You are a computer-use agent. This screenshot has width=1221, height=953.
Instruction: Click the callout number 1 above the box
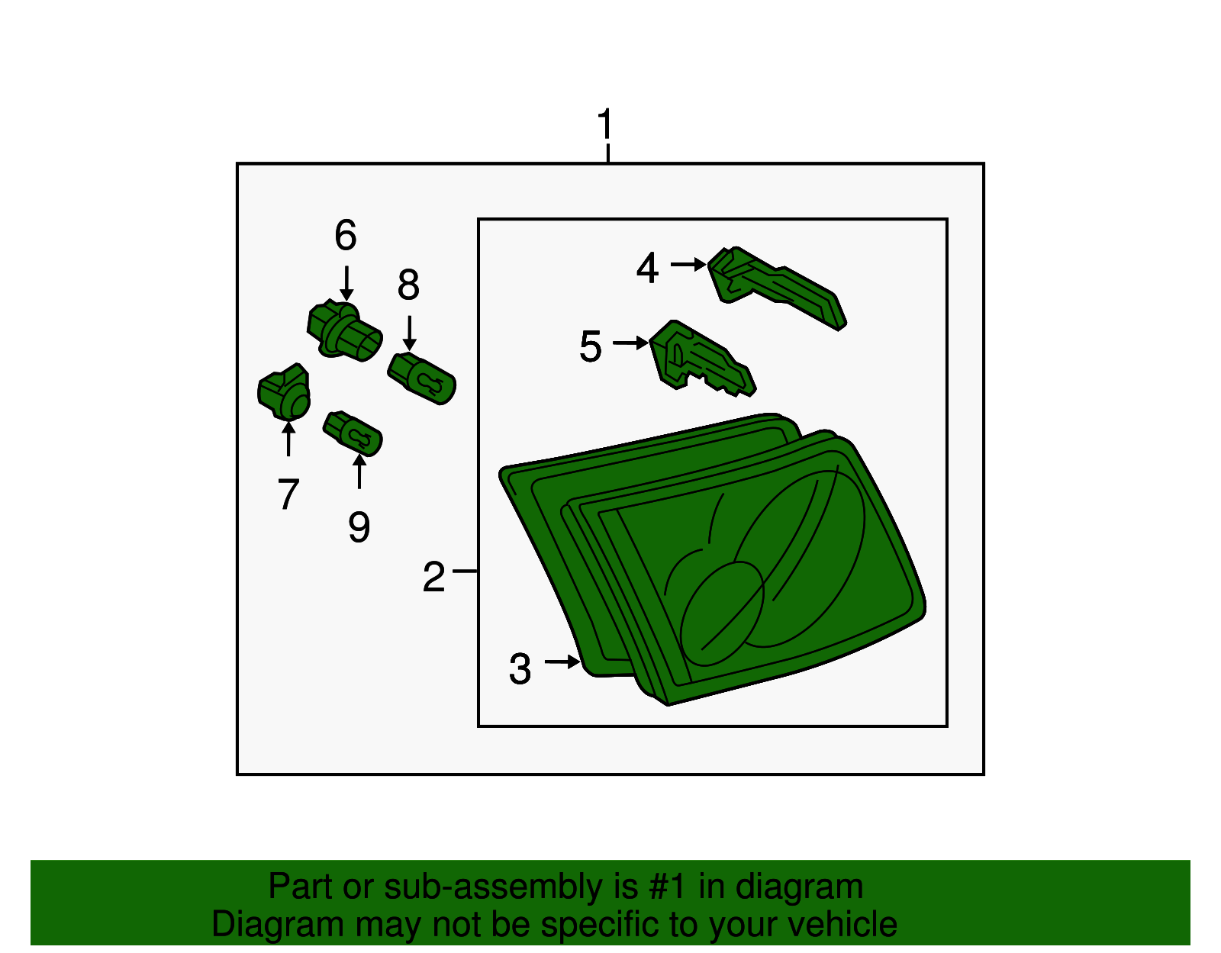pyautogui.click(x=605, y=124)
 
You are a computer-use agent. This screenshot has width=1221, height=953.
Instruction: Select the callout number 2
pyautogui.click(x=433, y=576)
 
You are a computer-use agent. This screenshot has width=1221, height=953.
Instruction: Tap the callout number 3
pyautogui.click(x=520, y=669)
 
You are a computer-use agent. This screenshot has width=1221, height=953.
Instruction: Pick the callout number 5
pyautogui.click(x=591, y=346)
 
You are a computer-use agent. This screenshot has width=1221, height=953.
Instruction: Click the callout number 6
pyautogui.click(x=346, y=234)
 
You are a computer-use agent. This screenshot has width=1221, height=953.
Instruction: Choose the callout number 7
pyautogui.click(x=288, y=494)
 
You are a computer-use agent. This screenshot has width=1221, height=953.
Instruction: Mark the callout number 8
pyautogui.click(x=408, y=284)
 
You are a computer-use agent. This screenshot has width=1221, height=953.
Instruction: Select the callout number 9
pyautogui.click(x=359, y=526)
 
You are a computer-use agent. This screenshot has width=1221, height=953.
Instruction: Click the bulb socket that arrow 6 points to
pyautogui.click(x=344, y=331)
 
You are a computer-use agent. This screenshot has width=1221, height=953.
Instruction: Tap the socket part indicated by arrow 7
pyautogui.click(x=284, y=392)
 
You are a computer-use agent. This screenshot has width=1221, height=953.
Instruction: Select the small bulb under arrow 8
pyautogui.click(x=421, y=378)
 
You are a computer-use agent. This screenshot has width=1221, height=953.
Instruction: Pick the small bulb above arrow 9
pyautogui.click(x=353, y=433)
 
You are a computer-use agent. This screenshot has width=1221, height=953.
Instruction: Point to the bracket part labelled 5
pyautogui.click(x=702, y=359)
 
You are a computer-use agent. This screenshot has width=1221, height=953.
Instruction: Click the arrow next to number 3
pyautogui.click(x=562, y=662)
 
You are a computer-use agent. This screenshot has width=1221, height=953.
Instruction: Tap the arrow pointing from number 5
pyautogui.click(x=630, y=343)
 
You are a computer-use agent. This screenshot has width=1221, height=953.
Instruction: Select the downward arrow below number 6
pyautogui.click(x=346, y=283)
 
